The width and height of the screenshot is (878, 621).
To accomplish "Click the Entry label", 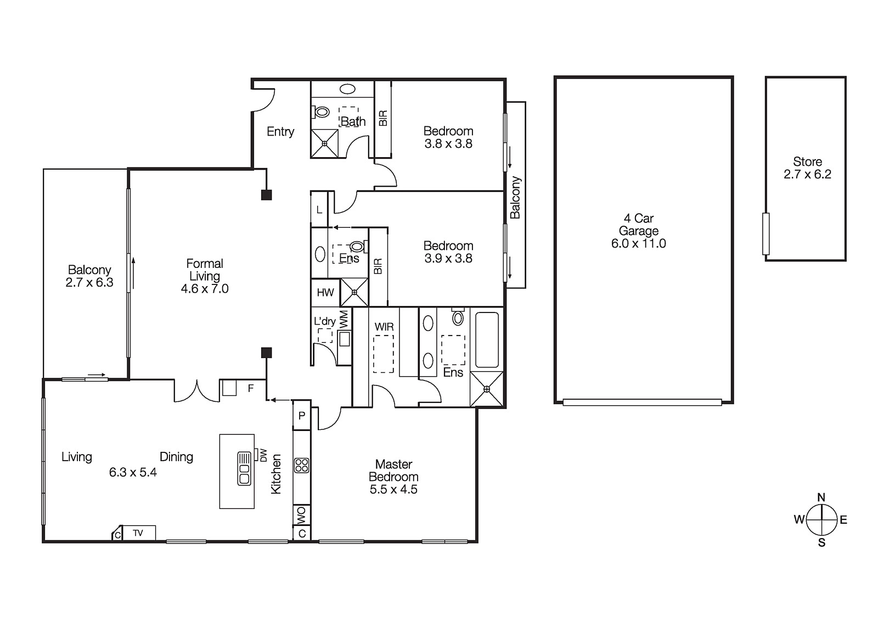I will (x=280, y=132).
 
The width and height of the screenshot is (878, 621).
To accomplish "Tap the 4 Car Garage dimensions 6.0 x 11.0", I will (x=638, y=244).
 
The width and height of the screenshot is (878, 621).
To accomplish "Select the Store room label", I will (x=807, y=162).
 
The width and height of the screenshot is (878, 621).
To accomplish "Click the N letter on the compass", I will (x=821, y=497).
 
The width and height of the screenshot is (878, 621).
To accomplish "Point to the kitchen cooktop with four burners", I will (x=302, y=466).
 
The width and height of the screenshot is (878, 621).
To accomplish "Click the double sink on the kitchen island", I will (x=244, y=468).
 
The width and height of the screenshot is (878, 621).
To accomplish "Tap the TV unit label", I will (x=138, y=533).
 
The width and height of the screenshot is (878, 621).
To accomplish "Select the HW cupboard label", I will (x=325, y=293).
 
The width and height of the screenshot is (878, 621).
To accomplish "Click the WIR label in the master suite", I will (x=384, y=327).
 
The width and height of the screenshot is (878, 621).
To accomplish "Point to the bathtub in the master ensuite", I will (x=487, y=340).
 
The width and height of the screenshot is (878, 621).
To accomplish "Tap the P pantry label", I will (x=302, y=416).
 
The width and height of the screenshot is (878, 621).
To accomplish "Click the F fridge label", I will (x=251, y=389).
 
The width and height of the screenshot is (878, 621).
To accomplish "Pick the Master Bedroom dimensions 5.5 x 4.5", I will (x=393, y=490).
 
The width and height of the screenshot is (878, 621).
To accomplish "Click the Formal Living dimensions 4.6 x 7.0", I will (x=205, y=289).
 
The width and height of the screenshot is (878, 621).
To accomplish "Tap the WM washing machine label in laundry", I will (x=344, y=320).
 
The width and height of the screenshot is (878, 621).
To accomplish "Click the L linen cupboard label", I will (x=319, y=210).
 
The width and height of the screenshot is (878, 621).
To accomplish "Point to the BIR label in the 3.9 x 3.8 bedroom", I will (x=378, y=266).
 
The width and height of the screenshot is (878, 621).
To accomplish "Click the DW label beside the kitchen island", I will (x=263, y=455).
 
